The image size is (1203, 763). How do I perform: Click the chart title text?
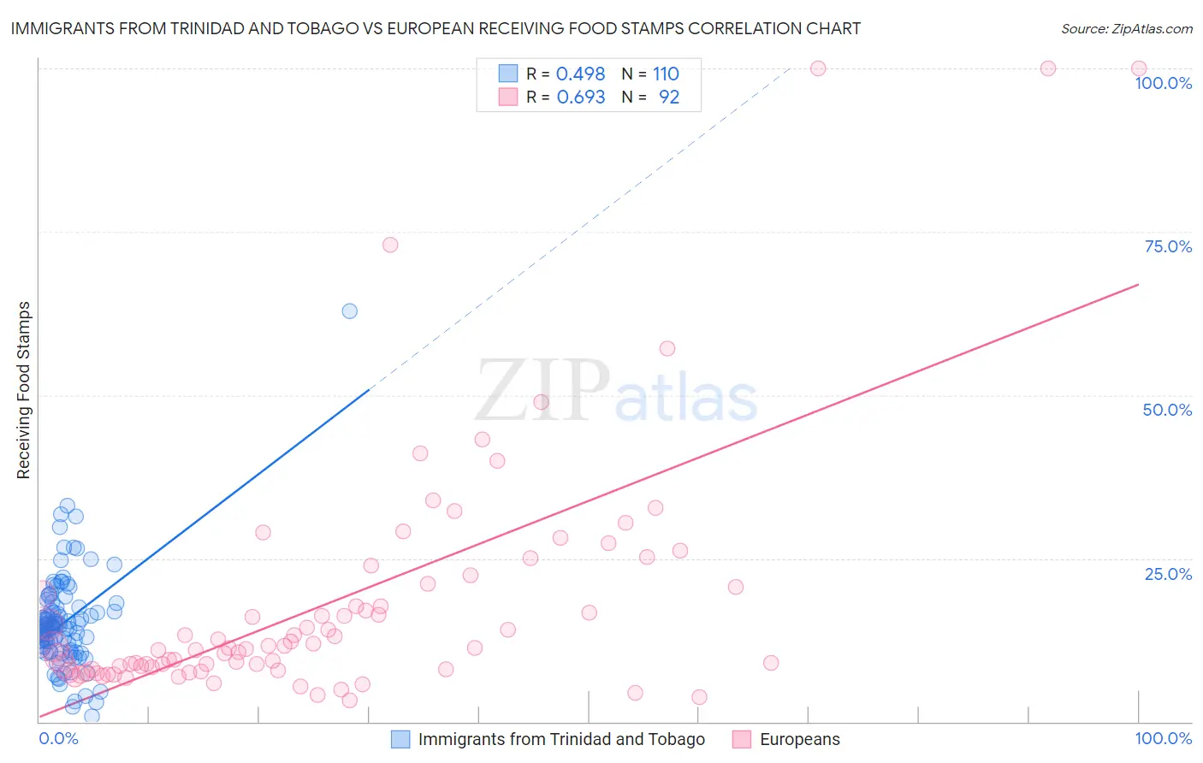[436, 28]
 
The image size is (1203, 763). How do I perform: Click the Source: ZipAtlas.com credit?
[1126, 28]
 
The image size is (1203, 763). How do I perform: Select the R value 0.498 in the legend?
[580, 74]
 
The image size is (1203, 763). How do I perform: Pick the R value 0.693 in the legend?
[580, 98]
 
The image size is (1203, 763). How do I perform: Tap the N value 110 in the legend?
[666, 74]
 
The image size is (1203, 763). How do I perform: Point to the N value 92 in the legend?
[668, 98]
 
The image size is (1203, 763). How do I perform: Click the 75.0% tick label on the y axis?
[1167, 246]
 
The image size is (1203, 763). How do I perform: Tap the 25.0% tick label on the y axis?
[1167, 574]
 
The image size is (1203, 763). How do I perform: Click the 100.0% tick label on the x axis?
[1163, 738]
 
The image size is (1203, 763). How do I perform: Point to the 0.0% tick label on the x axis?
[58, 738]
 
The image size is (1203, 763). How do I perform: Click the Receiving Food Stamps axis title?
[24, 390]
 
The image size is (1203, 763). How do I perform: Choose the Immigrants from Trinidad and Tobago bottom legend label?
[561, 739]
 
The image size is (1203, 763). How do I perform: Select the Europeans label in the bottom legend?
[799, 739]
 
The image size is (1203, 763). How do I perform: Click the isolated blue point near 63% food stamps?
[349, 311]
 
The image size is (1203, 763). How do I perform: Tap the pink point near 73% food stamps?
[390, 245]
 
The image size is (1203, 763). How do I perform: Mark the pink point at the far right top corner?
[1138, 68]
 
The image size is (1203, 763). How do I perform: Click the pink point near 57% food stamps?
[667, 348]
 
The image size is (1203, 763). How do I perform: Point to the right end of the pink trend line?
[1138, 284]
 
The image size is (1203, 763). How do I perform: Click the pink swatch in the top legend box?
[508, 98]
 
